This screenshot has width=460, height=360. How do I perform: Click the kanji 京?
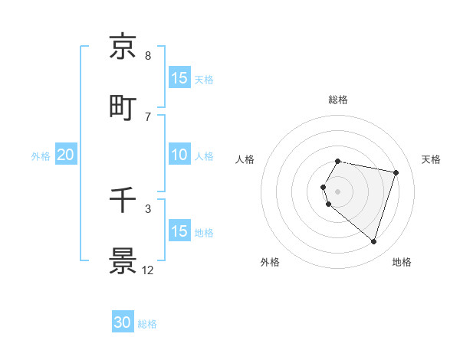click(123, 47)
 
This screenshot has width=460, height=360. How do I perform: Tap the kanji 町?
click(123, 107)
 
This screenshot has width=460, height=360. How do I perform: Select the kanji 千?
click(123, 200)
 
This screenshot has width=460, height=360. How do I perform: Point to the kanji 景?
click(123, 260)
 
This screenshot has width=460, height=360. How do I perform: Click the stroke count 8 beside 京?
click(147, 56)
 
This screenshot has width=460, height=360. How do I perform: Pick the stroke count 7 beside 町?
click(147, 116)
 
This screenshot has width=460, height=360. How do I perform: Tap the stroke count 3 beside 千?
click(147, 208)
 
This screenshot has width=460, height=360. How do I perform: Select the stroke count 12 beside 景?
click(147, 270)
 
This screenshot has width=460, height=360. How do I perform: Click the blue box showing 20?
click(65, 155)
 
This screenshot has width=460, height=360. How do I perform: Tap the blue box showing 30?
click(123, 323)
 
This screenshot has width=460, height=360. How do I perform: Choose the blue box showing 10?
click(179, 155)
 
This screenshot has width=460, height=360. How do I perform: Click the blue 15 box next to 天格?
click(179, 78)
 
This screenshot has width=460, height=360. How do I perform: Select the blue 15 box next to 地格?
click(179, 231)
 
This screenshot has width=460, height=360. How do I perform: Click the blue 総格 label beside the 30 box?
click(147, 324)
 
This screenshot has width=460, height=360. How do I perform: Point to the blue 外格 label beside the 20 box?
click(41, 155)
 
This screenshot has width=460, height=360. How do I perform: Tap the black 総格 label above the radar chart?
click(337, 100)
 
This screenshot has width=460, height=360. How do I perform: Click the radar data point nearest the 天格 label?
click(396, 172)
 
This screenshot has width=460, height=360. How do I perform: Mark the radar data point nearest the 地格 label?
click(373, 242)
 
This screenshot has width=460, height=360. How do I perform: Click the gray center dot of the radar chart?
click(337, 191)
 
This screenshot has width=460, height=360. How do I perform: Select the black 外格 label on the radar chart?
click(270, 262)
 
